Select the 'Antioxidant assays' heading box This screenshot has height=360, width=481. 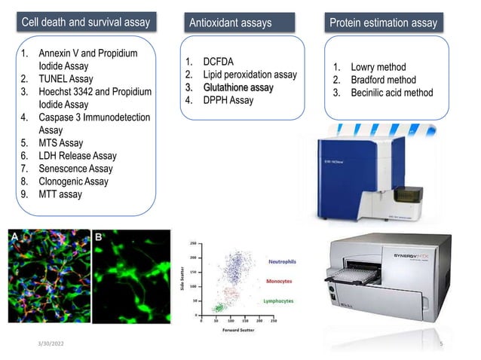point(231,23)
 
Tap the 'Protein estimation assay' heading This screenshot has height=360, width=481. point(383,23)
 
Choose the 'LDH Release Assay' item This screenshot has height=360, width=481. point(78,156)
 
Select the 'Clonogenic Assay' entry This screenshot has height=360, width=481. point(73,182)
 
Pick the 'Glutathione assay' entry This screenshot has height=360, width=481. point(237,87)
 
